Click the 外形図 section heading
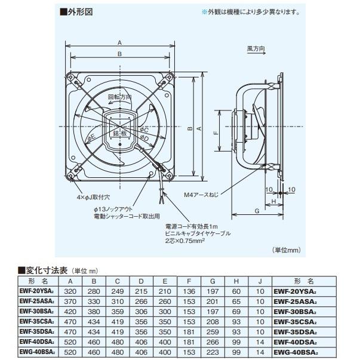[79, 11]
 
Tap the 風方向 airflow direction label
[256, 48]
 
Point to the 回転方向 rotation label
[119, 96]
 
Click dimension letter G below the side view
[256, 211]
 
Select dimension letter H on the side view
[273, 202]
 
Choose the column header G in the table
[213, 281]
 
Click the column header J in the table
[260, 281]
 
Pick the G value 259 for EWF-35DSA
[213, 331]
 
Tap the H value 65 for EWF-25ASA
[236, 303]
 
